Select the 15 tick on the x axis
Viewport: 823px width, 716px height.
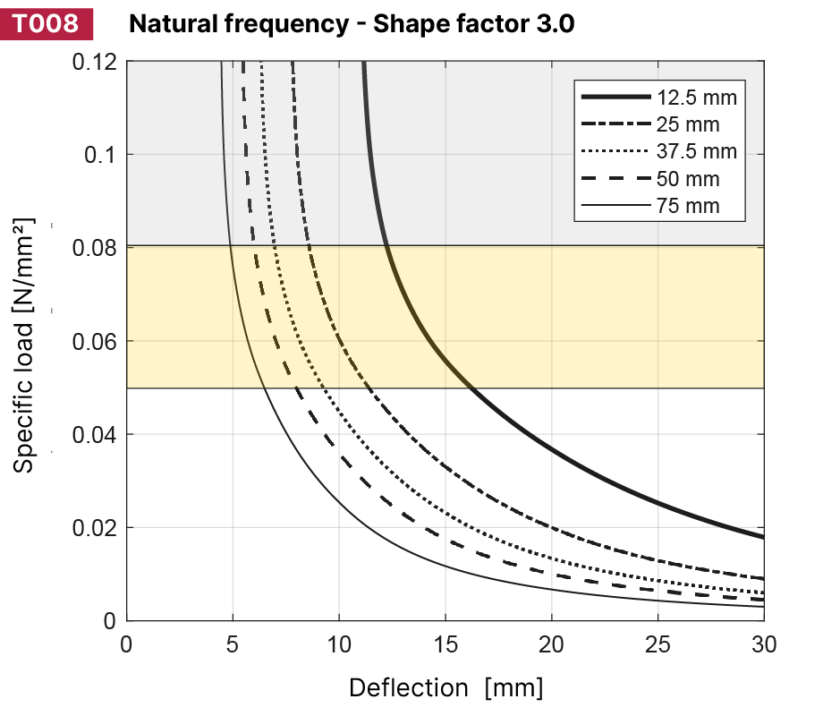tap(445, 644)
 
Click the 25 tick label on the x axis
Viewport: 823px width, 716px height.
tap(658, 644)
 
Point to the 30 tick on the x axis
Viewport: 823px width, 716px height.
tap(763, 644)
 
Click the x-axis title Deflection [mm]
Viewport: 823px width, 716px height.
tap(445, 688)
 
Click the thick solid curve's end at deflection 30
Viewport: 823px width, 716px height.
tap(762, 537)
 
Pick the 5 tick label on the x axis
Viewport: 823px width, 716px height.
tap(233, 644)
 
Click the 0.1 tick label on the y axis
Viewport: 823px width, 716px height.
tap(100, 155)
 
